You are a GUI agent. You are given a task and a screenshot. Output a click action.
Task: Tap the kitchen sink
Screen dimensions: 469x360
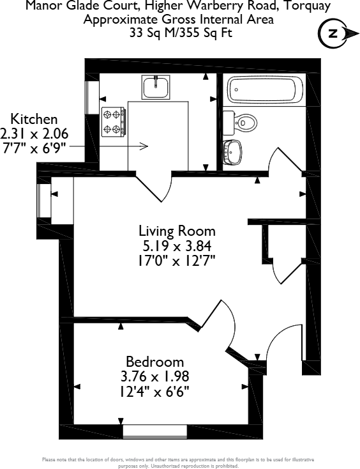(x=156, y=87)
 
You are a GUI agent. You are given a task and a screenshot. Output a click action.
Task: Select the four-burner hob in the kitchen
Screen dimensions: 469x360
(x=114, y=121)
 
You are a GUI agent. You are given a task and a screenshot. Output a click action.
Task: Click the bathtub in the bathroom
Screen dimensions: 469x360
(x=264, y=89)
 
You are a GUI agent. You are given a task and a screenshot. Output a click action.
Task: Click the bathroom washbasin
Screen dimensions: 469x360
(x=232, y=152)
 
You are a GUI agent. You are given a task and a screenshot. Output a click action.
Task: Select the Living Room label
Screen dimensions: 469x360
(x=177, y=231)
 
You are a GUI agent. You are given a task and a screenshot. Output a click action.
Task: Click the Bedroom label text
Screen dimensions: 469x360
(x=154, y=362)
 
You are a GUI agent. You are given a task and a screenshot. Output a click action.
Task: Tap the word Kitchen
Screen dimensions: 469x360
(x=34, y=119)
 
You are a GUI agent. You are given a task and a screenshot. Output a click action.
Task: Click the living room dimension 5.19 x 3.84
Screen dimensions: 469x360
(x=177, y=246)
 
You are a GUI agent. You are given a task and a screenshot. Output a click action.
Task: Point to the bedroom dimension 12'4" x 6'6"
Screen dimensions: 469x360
(x=154, y=390)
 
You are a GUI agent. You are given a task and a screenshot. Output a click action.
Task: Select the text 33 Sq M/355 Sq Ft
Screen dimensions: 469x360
(x=179, y=31)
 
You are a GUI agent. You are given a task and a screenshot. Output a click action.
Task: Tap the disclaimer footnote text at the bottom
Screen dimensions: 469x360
(x=179, y=463)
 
